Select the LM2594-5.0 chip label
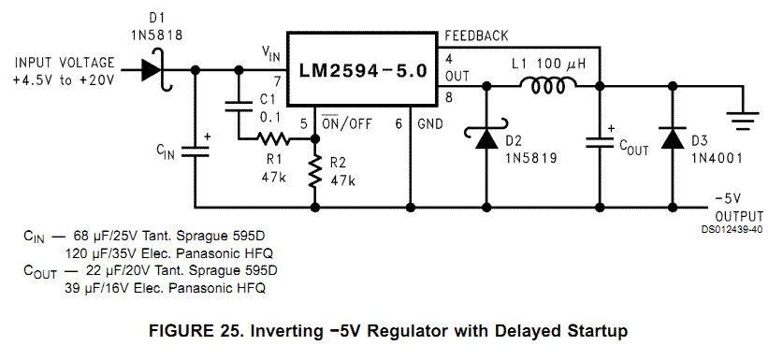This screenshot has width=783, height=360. point(363,70)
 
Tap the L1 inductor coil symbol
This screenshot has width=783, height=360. point(548,85)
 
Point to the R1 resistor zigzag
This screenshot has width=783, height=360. point(274,138)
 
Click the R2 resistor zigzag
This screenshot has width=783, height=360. point(315,171)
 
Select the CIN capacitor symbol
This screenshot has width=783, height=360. point(195,151)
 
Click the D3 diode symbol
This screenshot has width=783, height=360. point(672,137)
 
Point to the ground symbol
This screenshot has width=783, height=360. point(743,119)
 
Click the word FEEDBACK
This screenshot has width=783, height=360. point(476,36)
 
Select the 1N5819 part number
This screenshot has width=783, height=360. point(530,158)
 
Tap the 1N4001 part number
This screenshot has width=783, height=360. point(718,158)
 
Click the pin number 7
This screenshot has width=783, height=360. point(278,81)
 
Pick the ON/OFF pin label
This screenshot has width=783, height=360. point(346,122)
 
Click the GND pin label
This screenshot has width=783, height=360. point(430,123)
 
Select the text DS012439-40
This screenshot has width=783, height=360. point(732,230)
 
